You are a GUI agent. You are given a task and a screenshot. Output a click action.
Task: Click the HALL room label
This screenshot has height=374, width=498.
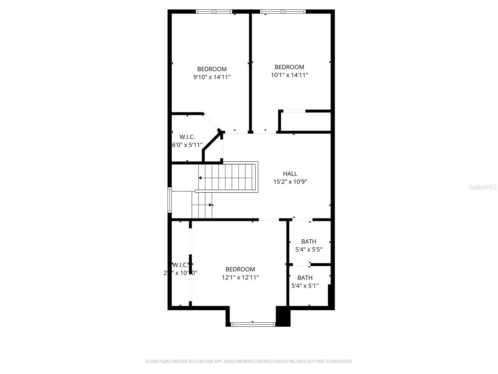pos(290,174)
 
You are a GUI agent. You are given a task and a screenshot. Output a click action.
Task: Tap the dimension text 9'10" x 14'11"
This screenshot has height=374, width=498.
pos(212,77)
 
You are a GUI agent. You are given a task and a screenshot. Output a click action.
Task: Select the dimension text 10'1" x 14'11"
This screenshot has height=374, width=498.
pos(289,75)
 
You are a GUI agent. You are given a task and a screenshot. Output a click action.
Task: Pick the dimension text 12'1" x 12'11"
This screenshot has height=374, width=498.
pos(240,277)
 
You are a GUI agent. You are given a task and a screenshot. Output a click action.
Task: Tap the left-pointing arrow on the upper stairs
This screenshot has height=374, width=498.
pos(200,178)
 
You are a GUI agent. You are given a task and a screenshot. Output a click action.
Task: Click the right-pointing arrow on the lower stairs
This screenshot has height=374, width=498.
pos(211,205)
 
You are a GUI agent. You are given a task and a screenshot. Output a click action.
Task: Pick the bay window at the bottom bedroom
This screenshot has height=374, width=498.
pos(253,324)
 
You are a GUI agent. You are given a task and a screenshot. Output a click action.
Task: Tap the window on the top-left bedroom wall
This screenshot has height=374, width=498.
pos(214,12)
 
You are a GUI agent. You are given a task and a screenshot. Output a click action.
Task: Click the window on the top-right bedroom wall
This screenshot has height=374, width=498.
pos(283,12)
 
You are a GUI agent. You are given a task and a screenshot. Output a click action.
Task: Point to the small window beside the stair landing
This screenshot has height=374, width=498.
pos(170,200)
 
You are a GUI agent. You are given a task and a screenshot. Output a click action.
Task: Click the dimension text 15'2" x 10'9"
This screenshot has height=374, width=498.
pos(290,182)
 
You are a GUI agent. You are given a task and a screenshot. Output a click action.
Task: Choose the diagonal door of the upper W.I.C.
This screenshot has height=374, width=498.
pos(211,122)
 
